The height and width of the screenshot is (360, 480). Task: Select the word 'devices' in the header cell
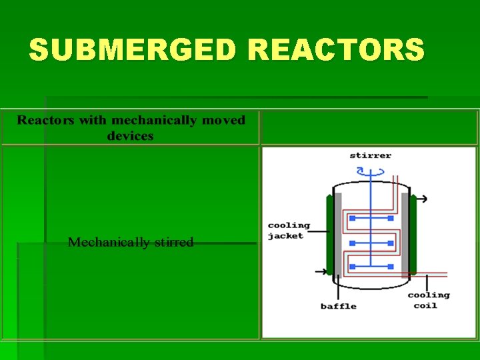[130, 136]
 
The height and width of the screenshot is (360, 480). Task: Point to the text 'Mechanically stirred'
[131, 242]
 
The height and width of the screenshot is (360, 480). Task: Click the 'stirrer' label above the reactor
[370, 155]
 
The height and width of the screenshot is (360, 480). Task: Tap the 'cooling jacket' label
[289, 231]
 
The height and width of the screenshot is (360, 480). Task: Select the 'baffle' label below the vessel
[338, 307]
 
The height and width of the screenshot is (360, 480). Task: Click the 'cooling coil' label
[428, 300]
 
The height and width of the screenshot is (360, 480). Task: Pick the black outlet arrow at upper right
[423, 199]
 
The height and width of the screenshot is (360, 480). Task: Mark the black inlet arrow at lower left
[321, 271]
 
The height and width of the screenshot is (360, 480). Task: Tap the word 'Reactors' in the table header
[45, 121]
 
